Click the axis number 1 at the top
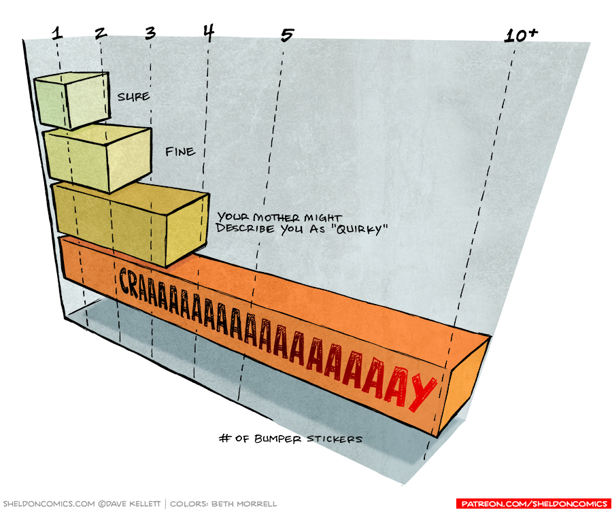pos(57,33)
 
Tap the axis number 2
pos(101,33)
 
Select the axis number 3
pos(150,32)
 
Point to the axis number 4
pos(208,31)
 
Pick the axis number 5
pos(286,35)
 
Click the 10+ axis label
pos(521,35)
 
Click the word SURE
pos(133,97)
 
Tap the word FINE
pos(180,152)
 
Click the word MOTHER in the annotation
pos(276,217)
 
